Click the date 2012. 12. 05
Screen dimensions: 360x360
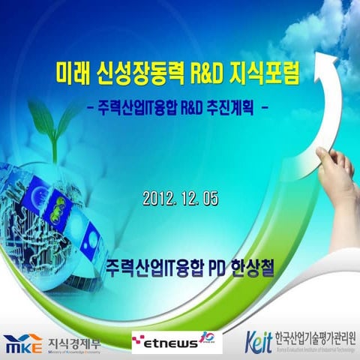point(180,199)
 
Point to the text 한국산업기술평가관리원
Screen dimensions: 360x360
point(316,337)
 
